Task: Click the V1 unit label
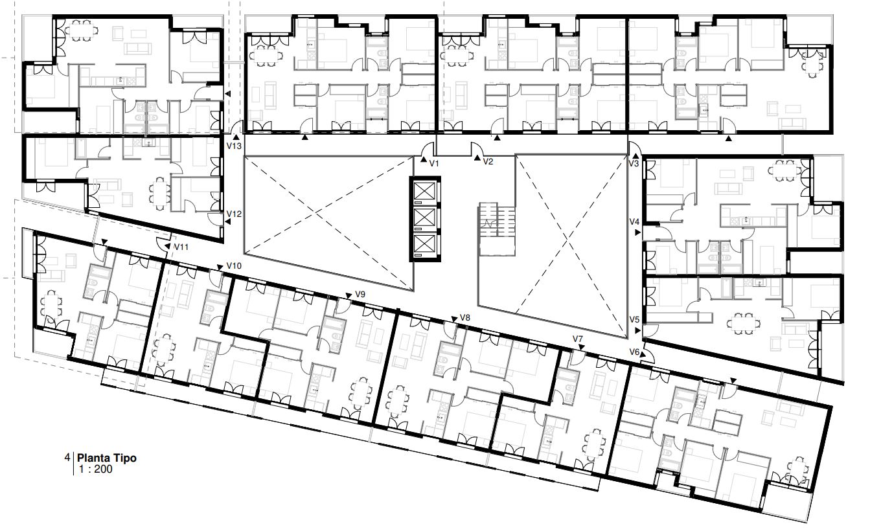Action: [434, 163]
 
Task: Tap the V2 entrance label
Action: [488, 161]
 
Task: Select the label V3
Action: [634, 163]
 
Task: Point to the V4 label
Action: [634, 221]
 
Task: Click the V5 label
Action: [634, 319]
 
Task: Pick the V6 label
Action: [634, 352]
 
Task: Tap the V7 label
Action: [578, 339]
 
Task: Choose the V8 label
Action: [465, 317]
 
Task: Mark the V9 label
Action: [360, 294]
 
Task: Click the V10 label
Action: [234, 265]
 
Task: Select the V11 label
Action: [181, 247]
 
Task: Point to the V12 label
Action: [234, 214]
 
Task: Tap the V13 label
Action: [234, 146]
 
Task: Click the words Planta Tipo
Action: [107, 458]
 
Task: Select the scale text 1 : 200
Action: [95, 469]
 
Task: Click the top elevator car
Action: [424, 192]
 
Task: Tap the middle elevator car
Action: [424, 218]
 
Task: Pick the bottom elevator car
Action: [424, 244]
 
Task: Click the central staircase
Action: [497, 229]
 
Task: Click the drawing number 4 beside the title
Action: [67, 457]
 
